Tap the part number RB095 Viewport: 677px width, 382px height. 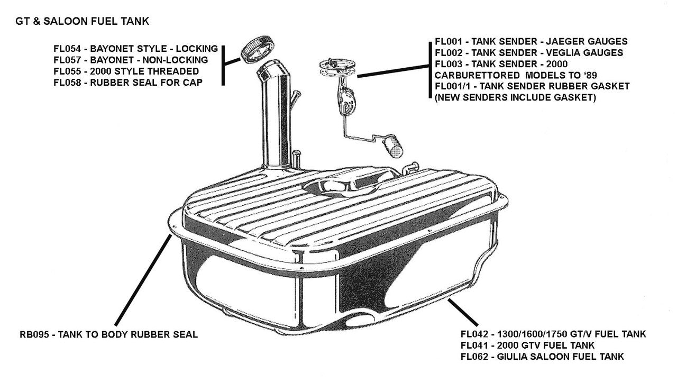(x=34, y=334)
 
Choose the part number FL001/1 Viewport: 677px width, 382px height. (x=453, y=86)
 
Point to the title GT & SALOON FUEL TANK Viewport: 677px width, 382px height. (x=83, y=22)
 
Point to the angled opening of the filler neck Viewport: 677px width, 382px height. (x=271, y=69)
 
